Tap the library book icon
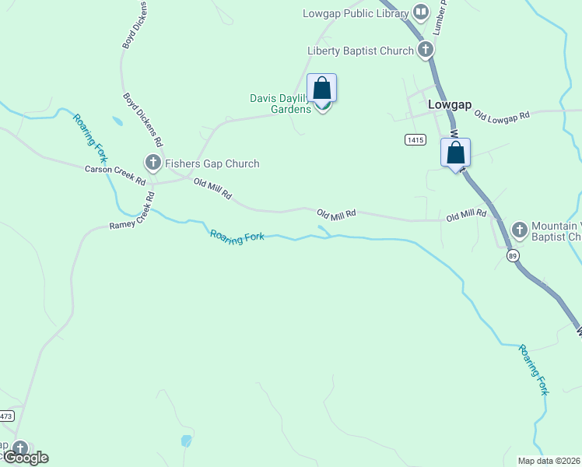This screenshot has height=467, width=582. coord(421,12)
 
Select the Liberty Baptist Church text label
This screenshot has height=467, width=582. coord(360,51)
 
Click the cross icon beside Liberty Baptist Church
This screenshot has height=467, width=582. coord(425,51)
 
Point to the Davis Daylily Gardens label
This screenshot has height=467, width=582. coord(281,104)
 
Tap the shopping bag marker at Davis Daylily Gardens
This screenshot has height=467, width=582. coord(322,89)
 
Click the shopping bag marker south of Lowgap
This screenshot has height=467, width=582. coord(456,153)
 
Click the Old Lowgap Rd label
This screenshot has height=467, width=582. coord(501,115)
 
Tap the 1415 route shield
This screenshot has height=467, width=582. coord(415,139)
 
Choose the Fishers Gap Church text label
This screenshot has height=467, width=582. coord(212,163)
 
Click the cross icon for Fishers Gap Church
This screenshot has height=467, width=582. coord(153,163)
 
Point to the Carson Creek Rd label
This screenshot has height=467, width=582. coord(115,175)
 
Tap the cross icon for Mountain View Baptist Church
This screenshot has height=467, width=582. coord(519,230)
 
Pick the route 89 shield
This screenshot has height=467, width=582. coord(512,255)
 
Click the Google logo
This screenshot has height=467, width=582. coord(25,458)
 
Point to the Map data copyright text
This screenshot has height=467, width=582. coord(549,461)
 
